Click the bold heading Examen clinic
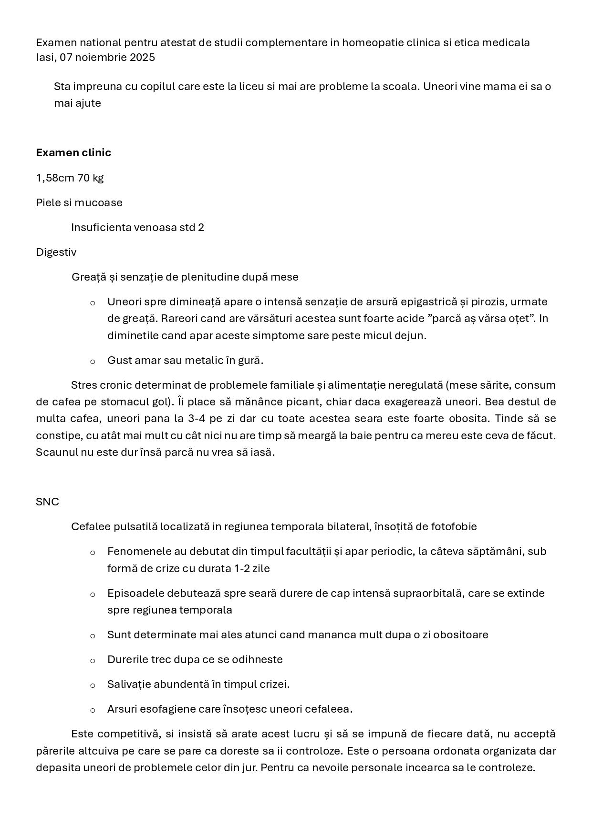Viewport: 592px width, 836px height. tap(73, 152)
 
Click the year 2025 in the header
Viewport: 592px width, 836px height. tap(142, 58)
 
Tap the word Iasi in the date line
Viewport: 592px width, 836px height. tap(45, 58)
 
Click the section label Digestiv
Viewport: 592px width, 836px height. tap(56, 252)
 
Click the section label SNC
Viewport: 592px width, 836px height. tap(47, 502)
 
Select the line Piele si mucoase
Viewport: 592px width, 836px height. tap(79, 202)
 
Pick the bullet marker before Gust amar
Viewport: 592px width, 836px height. tap(93, 361)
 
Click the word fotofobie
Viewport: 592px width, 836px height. tap(454, 526)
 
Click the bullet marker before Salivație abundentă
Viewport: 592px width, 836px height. tap(93, 685)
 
